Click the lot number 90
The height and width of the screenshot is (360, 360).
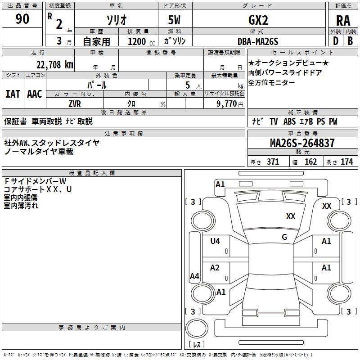point(22,19)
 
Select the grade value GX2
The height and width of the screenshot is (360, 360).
point(258,20)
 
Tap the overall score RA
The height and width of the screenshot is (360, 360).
point(343,21)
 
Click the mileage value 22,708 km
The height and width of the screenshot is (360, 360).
point(55,65)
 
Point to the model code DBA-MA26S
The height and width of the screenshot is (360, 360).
point(258,41)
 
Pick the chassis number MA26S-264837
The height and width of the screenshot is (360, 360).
point(302,143)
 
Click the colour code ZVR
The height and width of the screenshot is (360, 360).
point(75,104)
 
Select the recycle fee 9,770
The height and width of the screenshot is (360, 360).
point(226,103)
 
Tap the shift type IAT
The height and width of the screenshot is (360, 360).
point(13,94)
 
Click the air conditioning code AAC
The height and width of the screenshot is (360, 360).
point(35,94)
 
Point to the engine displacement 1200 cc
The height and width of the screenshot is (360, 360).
point(141,41)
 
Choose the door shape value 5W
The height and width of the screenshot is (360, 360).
point(175,20)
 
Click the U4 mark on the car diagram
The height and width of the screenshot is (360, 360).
point(215,241)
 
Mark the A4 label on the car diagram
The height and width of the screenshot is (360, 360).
point(194,276)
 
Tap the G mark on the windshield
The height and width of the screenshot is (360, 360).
point(284,237)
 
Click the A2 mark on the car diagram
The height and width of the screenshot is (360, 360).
point(215,267)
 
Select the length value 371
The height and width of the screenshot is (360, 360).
point(273,162)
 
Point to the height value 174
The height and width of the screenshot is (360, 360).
point(346,162)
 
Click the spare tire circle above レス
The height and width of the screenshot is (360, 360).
point(197,328)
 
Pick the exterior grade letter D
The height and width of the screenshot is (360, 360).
point(335,41)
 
